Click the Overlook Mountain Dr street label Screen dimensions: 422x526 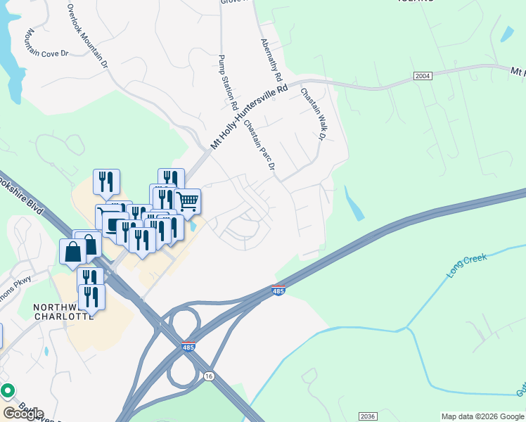click(x=87, y=36)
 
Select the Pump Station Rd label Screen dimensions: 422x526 click(x=227, y=82)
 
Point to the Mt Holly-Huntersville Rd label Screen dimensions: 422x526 click(x=250, y=117)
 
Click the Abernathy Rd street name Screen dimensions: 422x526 click(x=271, y=58)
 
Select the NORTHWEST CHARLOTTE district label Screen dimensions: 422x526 click(x=63, y=312)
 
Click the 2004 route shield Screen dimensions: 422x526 click(x=423, y=76)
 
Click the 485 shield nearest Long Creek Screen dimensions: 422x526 click(x=278, y=290)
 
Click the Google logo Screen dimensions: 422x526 click(x=23, y=414)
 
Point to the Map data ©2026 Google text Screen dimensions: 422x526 click(x=482, y=416)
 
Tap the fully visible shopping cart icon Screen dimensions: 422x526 click(x=187, y=202)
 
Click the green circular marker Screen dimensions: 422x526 click(x=8, y=390)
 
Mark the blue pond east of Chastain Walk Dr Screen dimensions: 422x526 click(x=354, y=204)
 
